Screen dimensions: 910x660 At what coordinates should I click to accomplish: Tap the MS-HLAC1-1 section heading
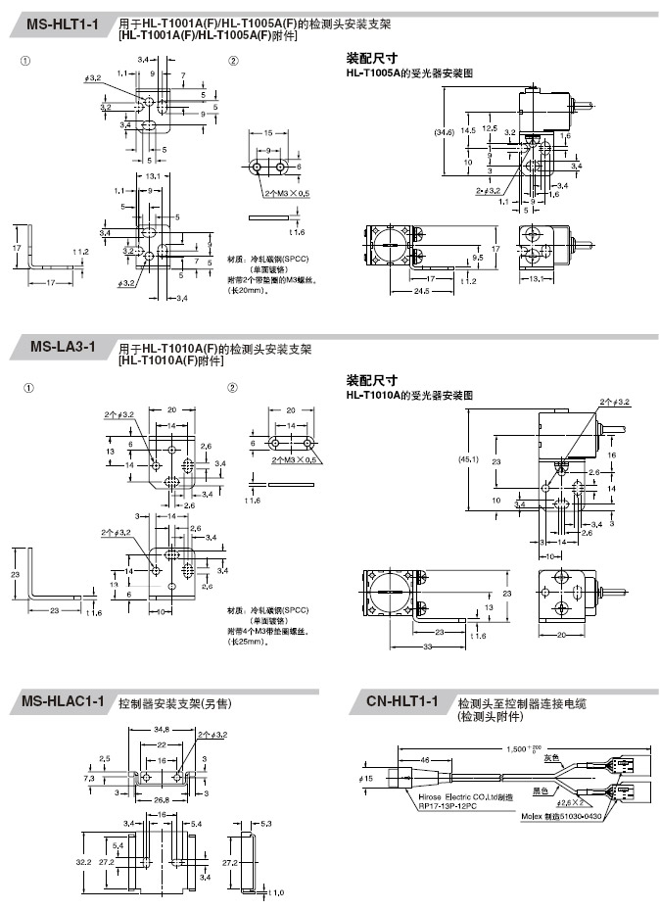pos(63,700)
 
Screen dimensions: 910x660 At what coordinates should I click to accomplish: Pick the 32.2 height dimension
pos(82,861)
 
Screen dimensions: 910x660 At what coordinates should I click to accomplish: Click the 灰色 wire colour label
pos(551,756)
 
